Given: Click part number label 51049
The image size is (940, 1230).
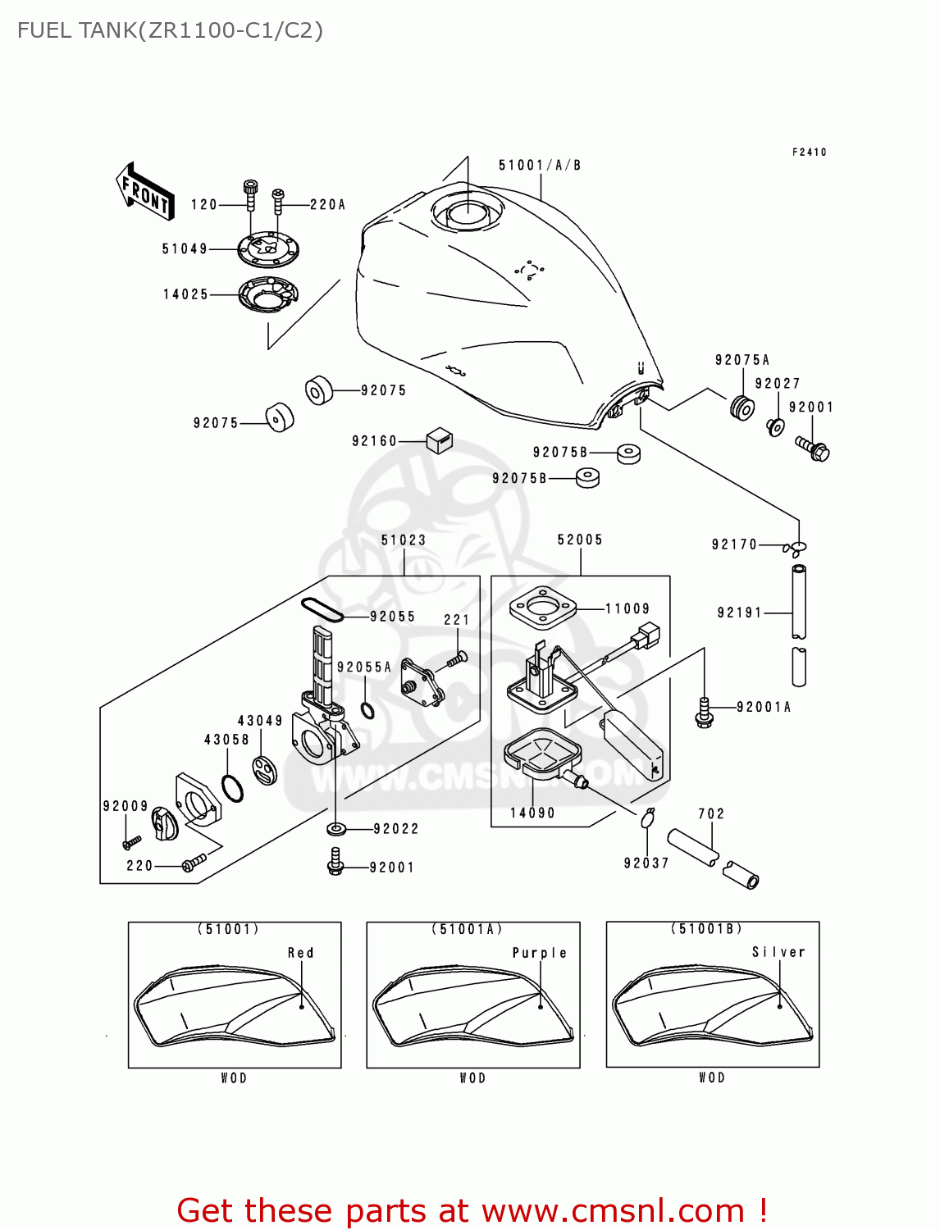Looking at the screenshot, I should [x=185, y=248].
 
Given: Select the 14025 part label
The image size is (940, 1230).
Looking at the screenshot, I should [x=185, y=294].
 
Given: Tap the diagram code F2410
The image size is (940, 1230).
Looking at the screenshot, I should [x=809, y=153].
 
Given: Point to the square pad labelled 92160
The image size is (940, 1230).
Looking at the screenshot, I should [x=440, y=441].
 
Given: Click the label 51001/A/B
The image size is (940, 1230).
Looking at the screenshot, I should [x=540, y=166].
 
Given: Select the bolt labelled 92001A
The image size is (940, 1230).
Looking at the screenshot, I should [x=704, y=712].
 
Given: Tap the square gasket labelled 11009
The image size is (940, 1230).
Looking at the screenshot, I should [x=542, y=609].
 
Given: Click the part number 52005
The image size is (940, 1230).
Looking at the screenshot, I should [x=580, y=540].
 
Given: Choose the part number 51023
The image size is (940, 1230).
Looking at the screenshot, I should [x=404, y=540].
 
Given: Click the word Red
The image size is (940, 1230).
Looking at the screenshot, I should [x=300, y=953].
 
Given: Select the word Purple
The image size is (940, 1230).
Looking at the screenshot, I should [x=539, y=953].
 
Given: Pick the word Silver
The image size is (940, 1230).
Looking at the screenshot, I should [x=778, y=952].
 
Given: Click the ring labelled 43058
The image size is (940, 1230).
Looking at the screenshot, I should [x=233, y=788].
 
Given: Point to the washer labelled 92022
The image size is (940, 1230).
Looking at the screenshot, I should [x=335, y=829].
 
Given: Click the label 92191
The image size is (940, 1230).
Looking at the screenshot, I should [x=739, y=613].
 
